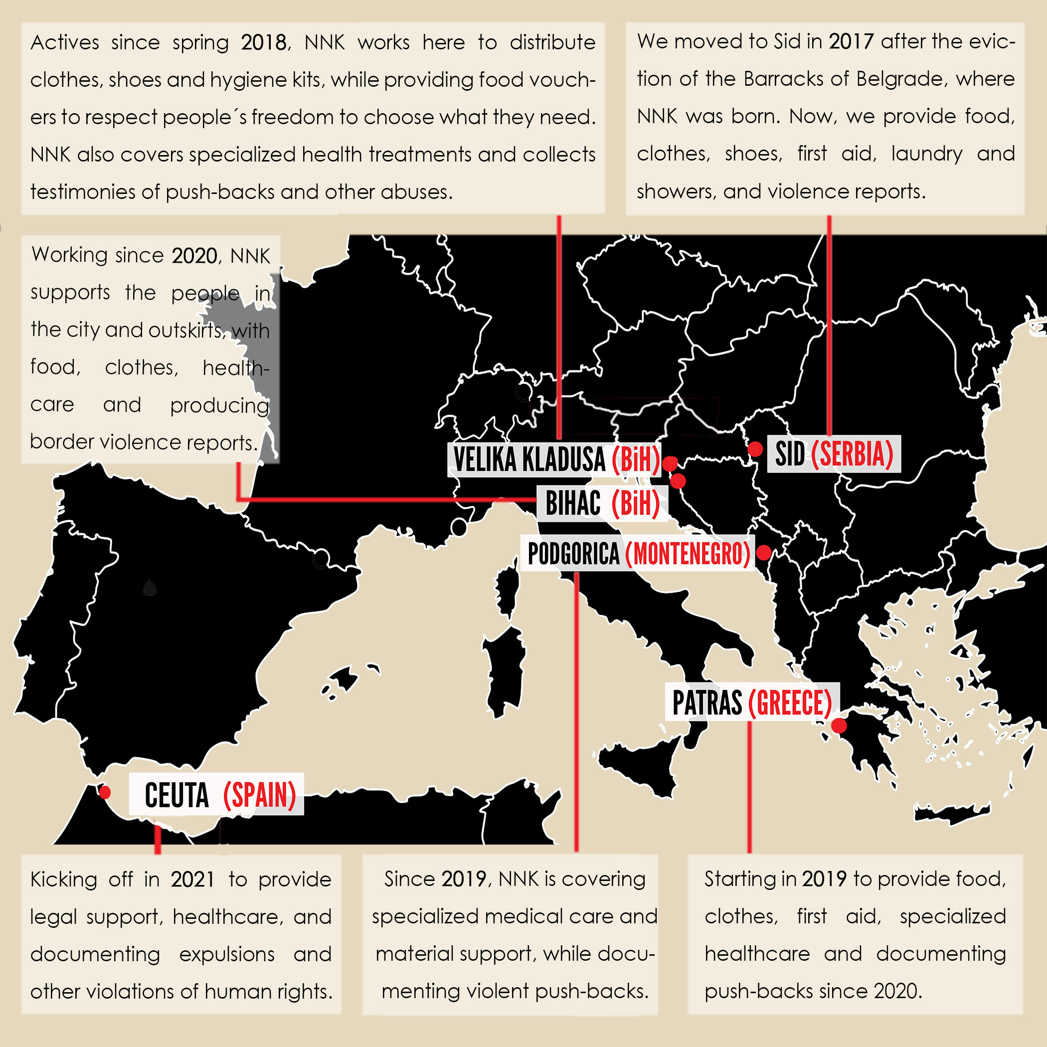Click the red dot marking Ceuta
pyautogui.click(x=105, y=792)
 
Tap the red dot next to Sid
pyautogui.click(x=755, y=449)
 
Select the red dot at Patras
pyautogui.click(x=839, y=725)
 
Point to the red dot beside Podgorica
pyautogui.click(x=764, y=552)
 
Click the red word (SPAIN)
pyautogui.click(x=260, y=796)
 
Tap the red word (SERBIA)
pyautogui.click(x=852, y=454)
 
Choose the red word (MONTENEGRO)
pyautogui.click(x=688, y=554)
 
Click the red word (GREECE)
pyautogui.click(x=790, y=703)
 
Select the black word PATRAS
pyautogui.click(x=706, y=703)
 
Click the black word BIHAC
pyautogui.click(x=573, y=503)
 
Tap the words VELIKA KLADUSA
pyautogui.click(x=529, y=460)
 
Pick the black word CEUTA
pyautogui.click(x=176, y=796)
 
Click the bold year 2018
pyautogui.click(x=263, y=42)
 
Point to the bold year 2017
pyautogui.click(x=851, y=41)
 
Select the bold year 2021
pyautogui.click(x=193, y=879)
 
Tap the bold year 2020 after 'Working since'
pyautogui.click(x=194, y=255)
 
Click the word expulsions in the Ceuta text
pyautogui.click(x=227, y=954)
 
